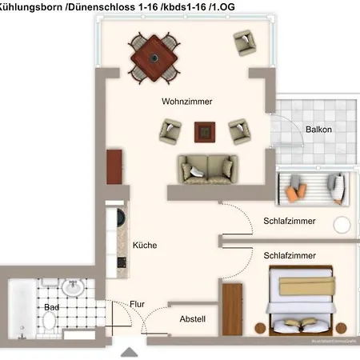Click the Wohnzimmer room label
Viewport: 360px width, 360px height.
coord(192,102)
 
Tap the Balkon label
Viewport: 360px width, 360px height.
coord(318,130)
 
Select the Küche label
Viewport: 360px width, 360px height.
coord(145,246)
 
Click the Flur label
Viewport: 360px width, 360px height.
coord(137,304)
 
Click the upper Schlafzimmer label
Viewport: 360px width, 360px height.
coord(289,222)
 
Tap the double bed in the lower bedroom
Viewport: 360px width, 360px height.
coord(302,302)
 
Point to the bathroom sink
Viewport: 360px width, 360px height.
coord(74,287)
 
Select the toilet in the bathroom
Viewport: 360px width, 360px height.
coord(50,321)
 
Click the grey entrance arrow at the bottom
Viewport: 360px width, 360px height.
coord(128,351)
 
